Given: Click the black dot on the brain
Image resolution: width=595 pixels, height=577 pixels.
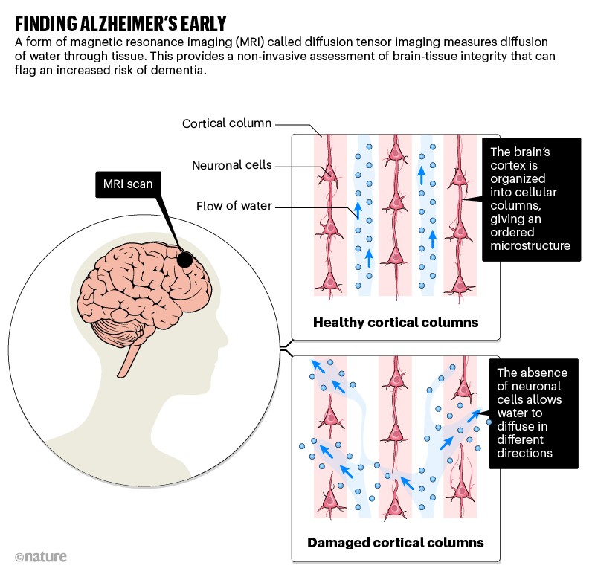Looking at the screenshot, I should tap(185, 260).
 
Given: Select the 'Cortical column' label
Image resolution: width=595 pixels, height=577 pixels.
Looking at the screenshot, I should tap(227, 123).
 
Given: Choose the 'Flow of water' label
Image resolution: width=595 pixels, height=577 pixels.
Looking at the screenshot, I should tap(234, 205).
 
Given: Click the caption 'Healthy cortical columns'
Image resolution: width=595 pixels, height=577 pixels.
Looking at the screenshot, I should tap(396, 322).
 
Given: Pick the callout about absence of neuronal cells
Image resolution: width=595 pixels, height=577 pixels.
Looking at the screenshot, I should tap(533, 413).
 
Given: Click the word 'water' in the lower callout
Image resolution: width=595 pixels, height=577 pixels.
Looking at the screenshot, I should tap(512, 426).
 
